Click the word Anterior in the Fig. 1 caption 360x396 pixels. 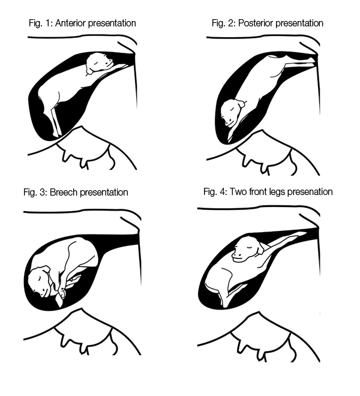point(71,23)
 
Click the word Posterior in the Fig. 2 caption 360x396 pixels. point(256,23)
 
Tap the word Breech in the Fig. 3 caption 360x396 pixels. point(64,192)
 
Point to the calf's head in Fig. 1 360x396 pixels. point(99,63)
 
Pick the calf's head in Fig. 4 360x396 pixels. point(248,249)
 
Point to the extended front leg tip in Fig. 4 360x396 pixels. point(304,233)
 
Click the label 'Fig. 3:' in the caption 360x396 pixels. point(35,192)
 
